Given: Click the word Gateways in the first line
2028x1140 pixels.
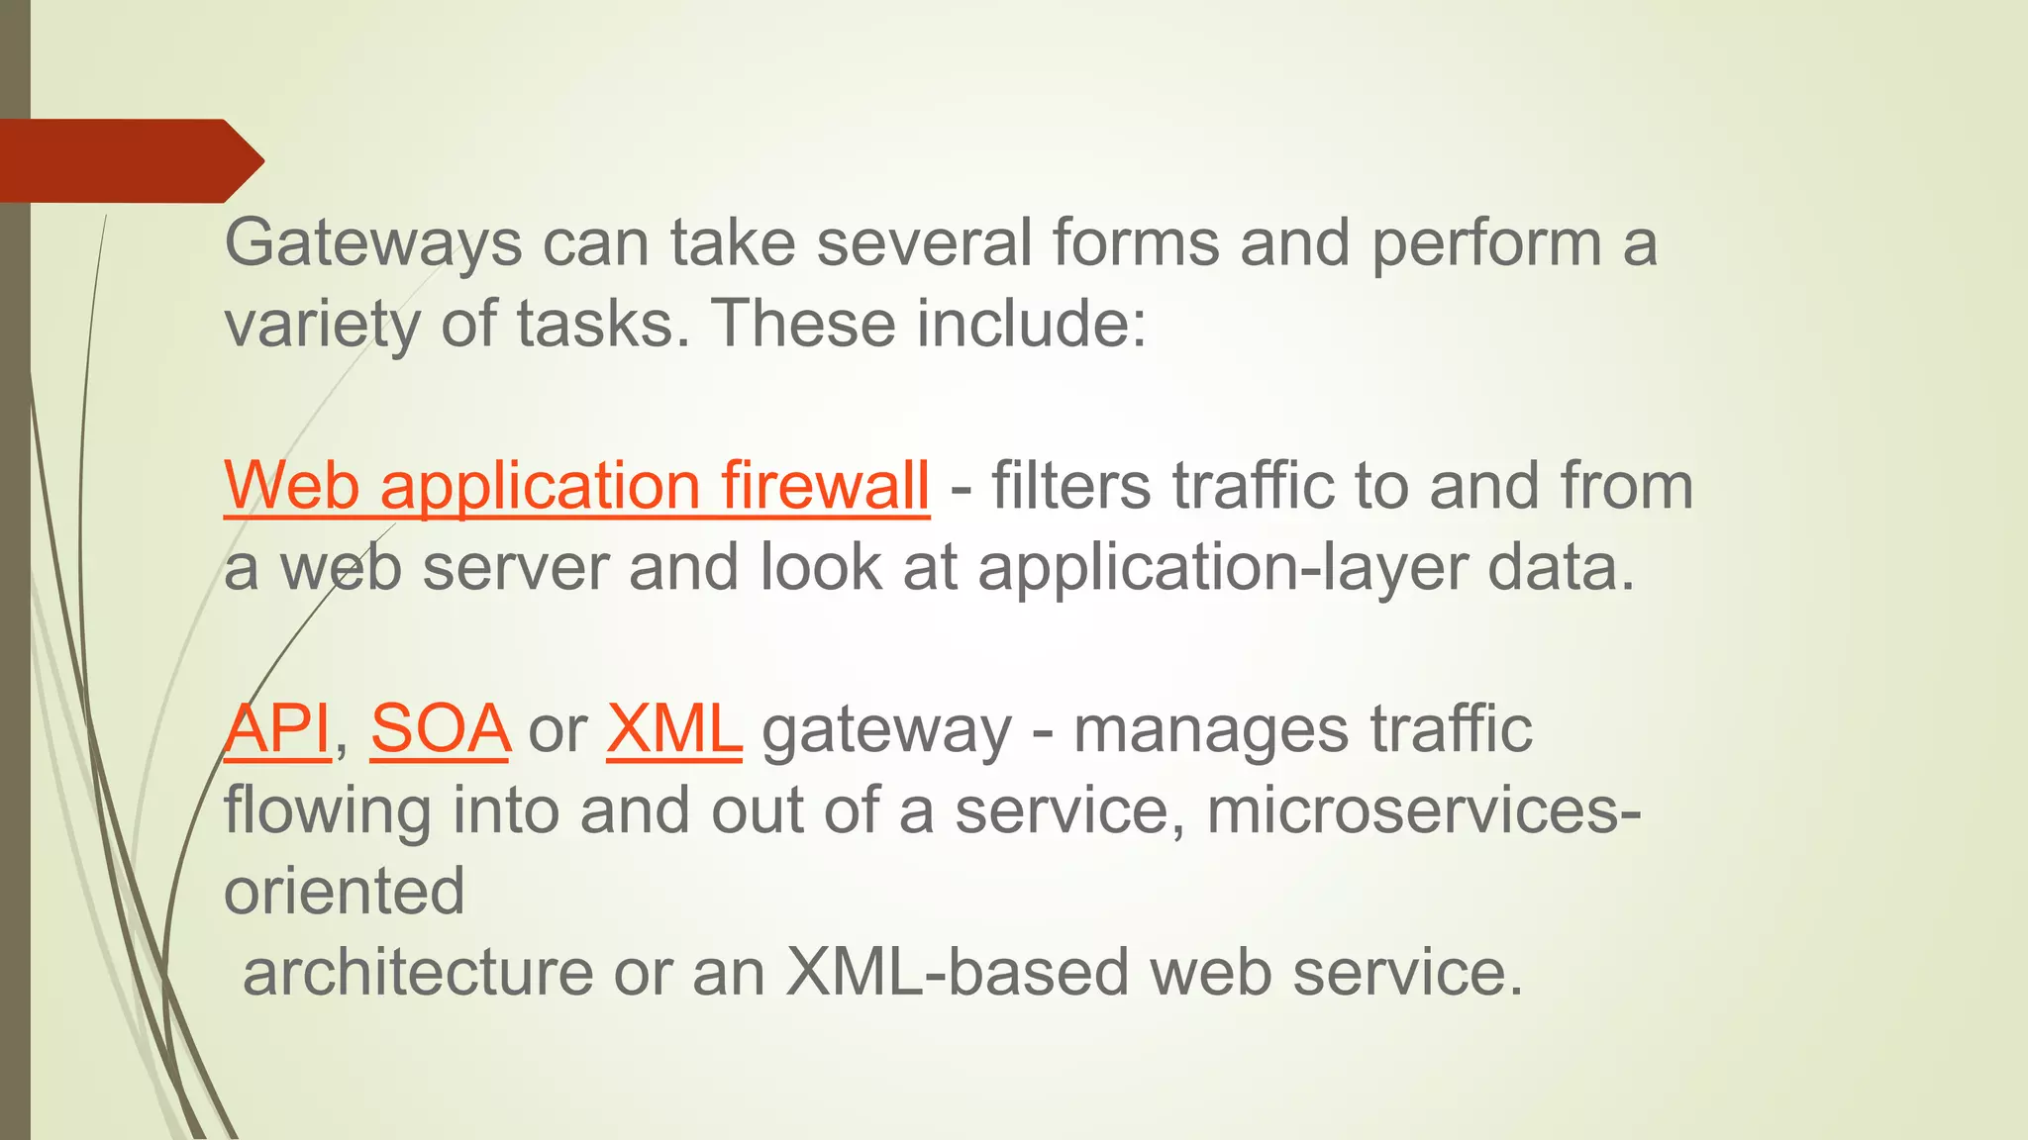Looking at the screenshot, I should click(372, 243).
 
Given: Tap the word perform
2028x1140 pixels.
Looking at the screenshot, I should click(1485, 243).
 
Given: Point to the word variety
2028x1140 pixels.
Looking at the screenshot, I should click(322, 325).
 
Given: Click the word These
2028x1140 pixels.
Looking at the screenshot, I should click(802, 325).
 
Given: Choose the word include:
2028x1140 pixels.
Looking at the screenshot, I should click(1031, 325).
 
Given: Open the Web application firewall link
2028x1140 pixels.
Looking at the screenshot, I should click(576, 487).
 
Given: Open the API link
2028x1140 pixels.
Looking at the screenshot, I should click(277, 730).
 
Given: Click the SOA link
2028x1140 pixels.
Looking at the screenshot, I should click(441, 730).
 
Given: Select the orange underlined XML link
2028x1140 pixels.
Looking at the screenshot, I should click(674, 730).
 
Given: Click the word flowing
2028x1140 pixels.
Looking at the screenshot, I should click(328, 811).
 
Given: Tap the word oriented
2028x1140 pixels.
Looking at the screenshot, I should click(344, 892).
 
